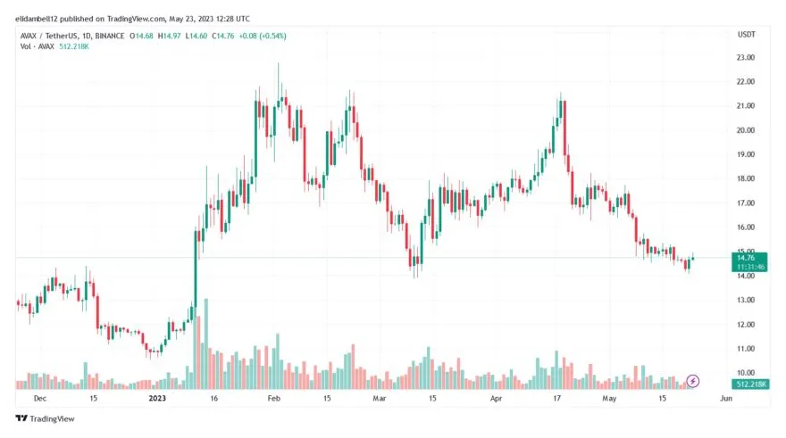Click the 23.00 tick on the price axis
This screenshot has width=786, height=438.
pos(746,57)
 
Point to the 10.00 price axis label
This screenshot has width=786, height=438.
pos(746,372)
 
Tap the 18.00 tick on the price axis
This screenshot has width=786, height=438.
pos(746,178)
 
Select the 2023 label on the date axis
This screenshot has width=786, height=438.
pos(157,399)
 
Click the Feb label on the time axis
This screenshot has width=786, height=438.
pos(275,399)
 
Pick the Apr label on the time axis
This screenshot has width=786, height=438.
pos(497,399)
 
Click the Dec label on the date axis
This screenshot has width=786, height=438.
pos(39,399)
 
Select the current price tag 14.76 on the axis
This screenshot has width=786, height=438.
pos(747,257)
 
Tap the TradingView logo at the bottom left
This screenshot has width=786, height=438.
pos(45,418)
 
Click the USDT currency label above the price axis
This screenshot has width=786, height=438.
pos(746,34)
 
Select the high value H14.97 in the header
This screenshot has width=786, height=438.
pos(166,36)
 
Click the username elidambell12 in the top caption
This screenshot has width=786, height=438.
pos(42,17)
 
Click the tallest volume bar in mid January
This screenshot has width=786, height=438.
pos(206,344)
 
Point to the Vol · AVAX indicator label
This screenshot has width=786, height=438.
pos(37,45)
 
